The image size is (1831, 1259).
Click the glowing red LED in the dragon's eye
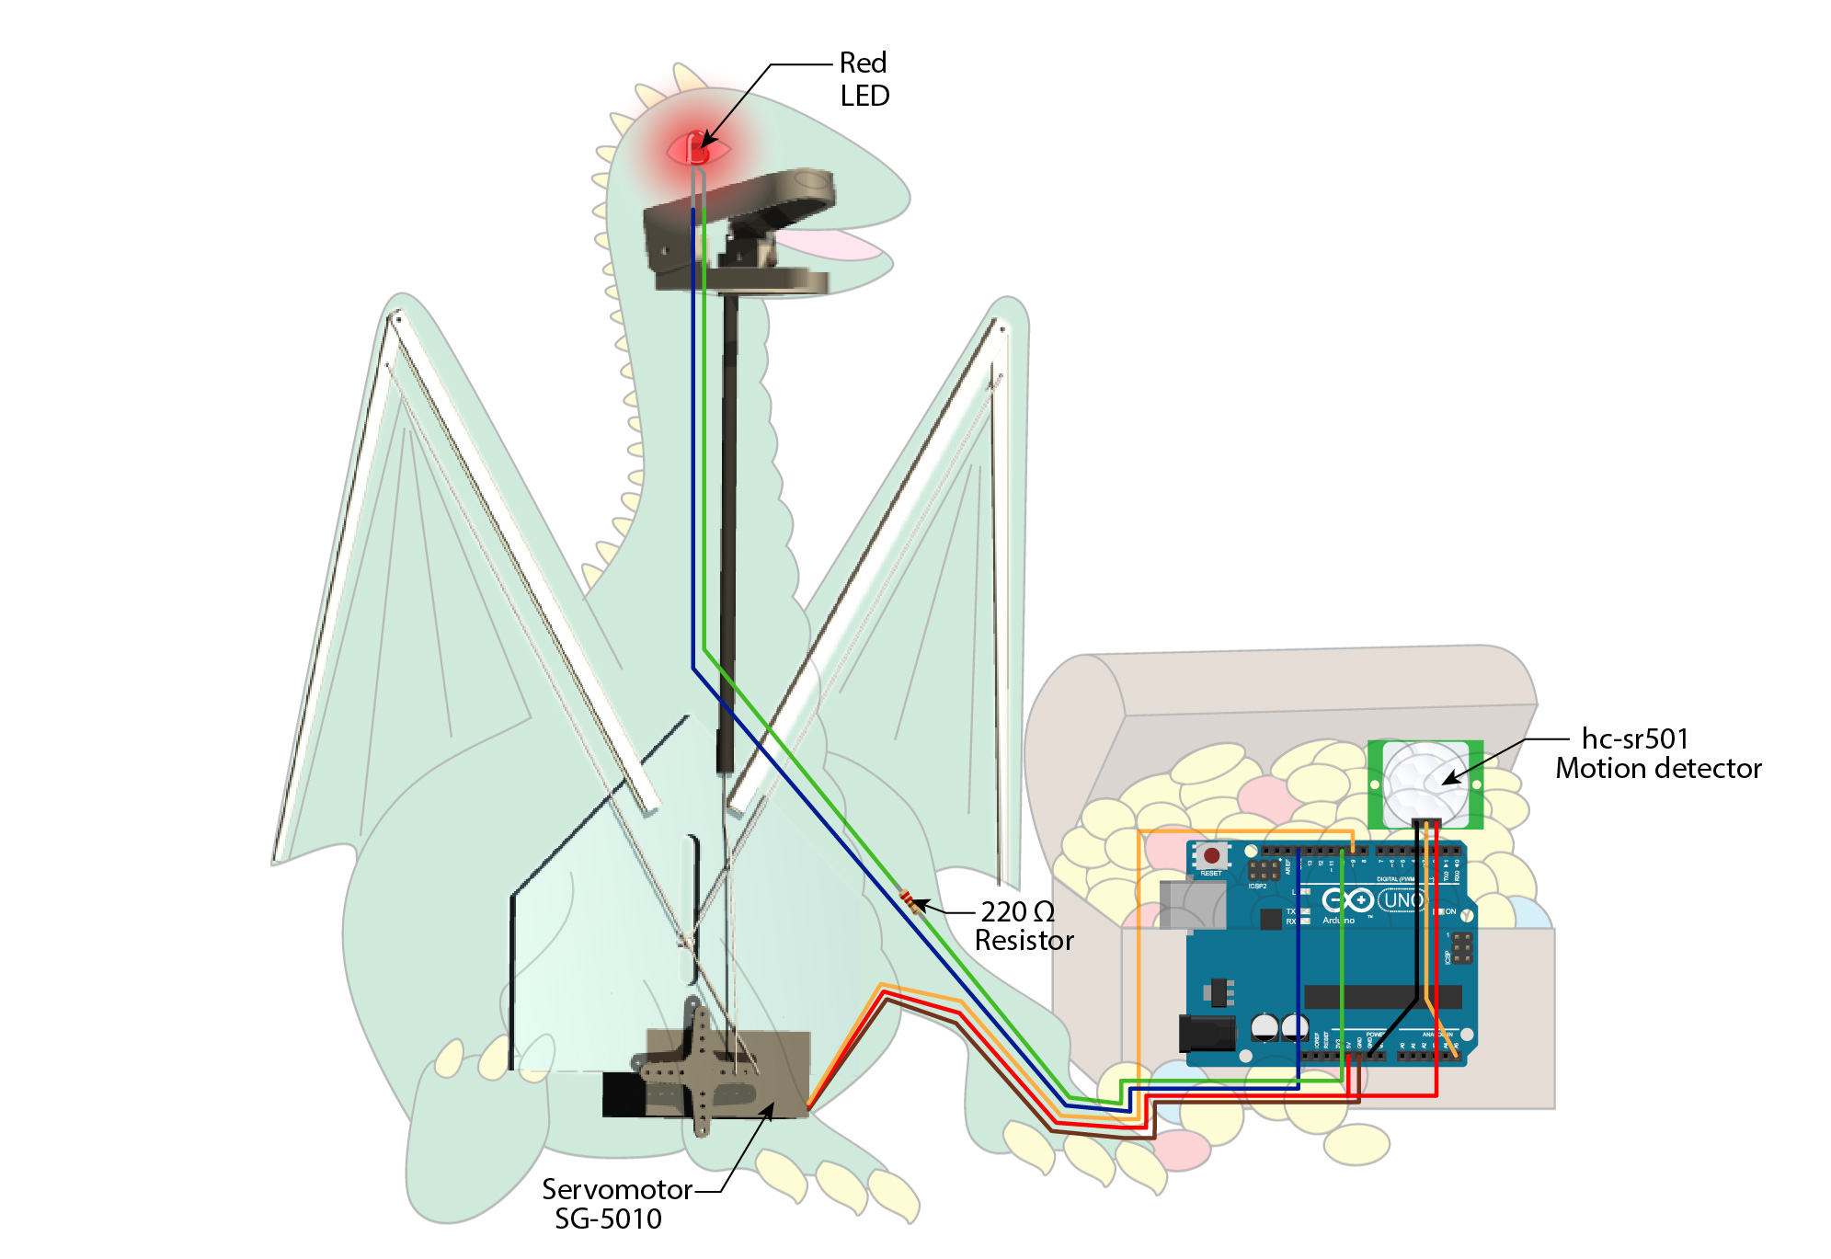click(697, 149)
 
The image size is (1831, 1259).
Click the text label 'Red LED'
click(864, 79)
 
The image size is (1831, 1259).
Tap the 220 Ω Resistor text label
click(1023, 926)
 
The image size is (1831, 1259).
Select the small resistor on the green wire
click(912, 902)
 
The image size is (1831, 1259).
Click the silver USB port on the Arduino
click(1192, 904)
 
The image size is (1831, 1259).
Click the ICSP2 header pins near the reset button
click(1263, 870)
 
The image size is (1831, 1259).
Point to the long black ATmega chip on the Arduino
click(1381, 997)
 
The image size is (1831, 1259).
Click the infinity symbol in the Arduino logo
click(1347, 900)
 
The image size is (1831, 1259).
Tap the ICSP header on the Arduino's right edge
click(1460, 947)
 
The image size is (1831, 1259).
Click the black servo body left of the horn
click(624, 1094)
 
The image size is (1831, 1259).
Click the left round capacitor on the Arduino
click(1265, 1026)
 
